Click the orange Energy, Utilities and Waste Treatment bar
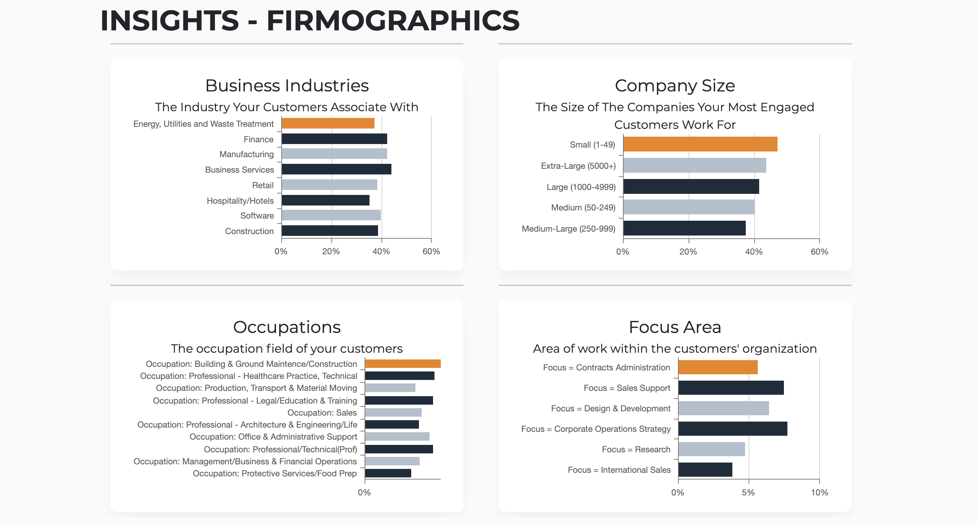328,123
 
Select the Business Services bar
336,169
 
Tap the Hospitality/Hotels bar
325,200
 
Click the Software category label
257,216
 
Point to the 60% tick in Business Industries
431,251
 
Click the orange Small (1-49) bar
700,144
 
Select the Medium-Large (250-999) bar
684,228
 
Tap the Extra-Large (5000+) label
578,166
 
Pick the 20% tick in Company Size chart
688,252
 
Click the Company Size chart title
675,86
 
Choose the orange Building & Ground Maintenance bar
402,364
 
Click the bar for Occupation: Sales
393,412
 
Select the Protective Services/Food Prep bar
388,473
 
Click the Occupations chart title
287,327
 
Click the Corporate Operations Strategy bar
732,429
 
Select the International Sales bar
705,470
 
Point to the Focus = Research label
636,449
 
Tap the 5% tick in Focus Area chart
748,493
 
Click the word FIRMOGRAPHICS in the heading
393,20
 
